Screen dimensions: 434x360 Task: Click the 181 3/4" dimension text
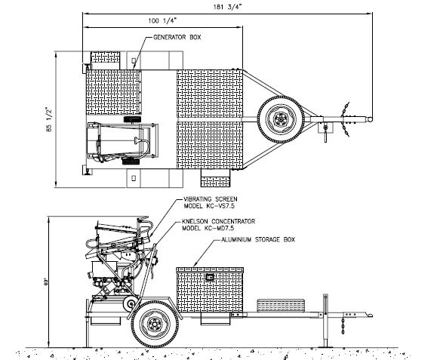227,7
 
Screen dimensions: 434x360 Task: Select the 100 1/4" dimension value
162,20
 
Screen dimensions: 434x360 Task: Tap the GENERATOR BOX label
177,37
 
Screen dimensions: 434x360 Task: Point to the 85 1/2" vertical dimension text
49,119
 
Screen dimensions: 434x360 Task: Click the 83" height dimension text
46,282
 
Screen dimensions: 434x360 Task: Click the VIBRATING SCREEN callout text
211,199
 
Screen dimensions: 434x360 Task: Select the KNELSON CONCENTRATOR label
218,221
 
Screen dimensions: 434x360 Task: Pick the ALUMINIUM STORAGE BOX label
258,239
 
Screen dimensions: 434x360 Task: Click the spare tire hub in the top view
281,119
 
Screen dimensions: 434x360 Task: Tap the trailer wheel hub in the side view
155,324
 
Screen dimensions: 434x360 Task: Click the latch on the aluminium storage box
210,277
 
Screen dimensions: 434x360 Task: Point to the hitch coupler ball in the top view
370,119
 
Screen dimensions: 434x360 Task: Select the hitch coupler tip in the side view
369,315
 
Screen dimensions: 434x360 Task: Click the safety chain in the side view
343,326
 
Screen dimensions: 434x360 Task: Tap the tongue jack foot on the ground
325,346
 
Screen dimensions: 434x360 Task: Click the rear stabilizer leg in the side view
88,332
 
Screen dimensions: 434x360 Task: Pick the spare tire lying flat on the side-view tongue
282,305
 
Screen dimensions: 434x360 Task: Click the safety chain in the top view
346,119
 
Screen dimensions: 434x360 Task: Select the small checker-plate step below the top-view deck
215,178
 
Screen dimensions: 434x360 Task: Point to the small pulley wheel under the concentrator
130,304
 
